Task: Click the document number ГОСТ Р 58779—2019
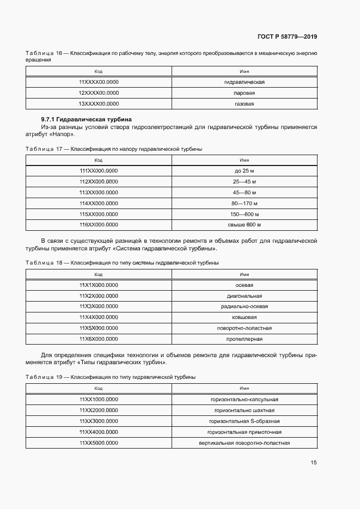pyautogui.click(x=287, y=37)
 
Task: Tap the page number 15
pyautogui.click(x=314, y=463)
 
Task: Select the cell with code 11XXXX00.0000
pyautogui.click(x=99, y=82)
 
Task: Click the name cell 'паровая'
pyautogui.click(x=244, y=93)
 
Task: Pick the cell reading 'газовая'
pyautogui.click(x=244, y=103)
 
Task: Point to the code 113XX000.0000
pyautogui.click(x=99, y=192)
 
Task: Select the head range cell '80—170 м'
pyautogui.click(x=244, y=203)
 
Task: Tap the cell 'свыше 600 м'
pyautogui.click(x=244, y=224)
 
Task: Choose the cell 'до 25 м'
pyautogui.click(x=244, y=171)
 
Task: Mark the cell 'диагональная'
pyautogui.click(x=244, y=296)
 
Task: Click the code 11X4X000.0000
pyautogui.click(x=99, y=317)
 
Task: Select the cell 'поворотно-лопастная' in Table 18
pyautogui.click(x=244, y=328)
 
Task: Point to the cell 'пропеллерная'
pyautogui.click(x=244, y=339)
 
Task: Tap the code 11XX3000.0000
pyautogui.click(x=99, y=421)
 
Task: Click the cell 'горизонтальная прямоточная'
pyautogui.click(x=244, y=432)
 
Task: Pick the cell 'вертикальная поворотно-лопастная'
pyautogui.click(x=244, y=443)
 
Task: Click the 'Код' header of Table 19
pyautogui.click(x=99, y=389)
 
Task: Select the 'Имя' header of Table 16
pyautogui.click(x=244, y=71)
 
